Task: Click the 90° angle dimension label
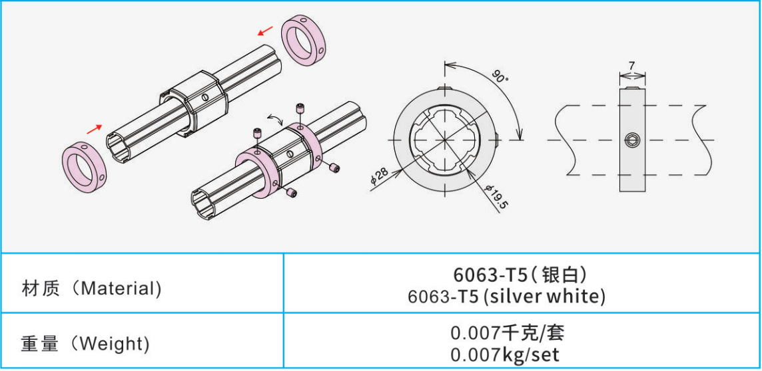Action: (x=500, y=75)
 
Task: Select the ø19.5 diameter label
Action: (x=496, y=195)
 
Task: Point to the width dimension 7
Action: (x=632, y=65)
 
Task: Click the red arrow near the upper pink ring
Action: (x=265, y=31)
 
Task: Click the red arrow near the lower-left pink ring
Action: (x=95, y=128)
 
